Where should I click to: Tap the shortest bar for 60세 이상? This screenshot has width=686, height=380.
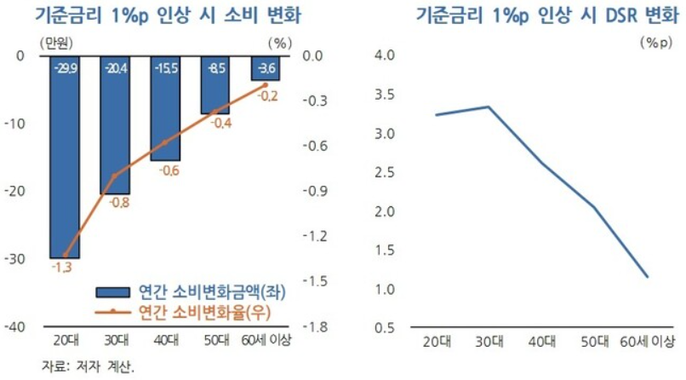point(264,68)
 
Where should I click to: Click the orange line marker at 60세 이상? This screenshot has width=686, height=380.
point(265,84)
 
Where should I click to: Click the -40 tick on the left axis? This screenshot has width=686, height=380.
point(15,327)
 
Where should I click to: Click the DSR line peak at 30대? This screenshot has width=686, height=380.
point(488,107)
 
